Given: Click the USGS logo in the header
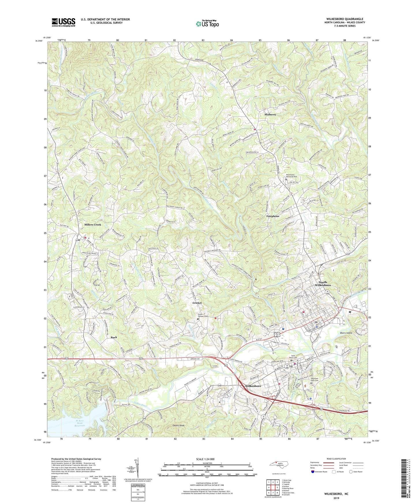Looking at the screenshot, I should click(63, 22).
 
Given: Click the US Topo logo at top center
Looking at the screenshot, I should click(207, 24).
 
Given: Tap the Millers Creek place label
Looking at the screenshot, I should click(93, 224).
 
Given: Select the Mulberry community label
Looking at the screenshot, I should click(270, 114).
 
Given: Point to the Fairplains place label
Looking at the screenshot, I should click(273, 216).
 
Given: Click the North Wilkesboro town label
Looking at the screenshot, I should click(324, 283).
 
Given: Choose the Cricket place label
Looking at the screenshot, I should click(197, 303).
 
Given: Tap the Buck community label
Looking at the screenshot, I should click(114, 337).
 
